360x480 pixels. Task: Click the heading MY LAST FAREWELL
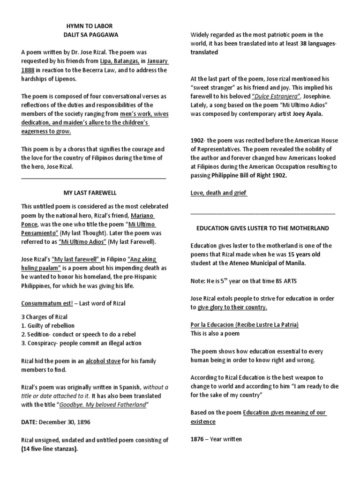pos(90,193)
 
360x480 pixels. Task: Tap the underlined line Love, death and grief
pos(218,193)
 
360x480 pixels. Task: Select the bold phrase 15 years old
pos(310,254)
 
